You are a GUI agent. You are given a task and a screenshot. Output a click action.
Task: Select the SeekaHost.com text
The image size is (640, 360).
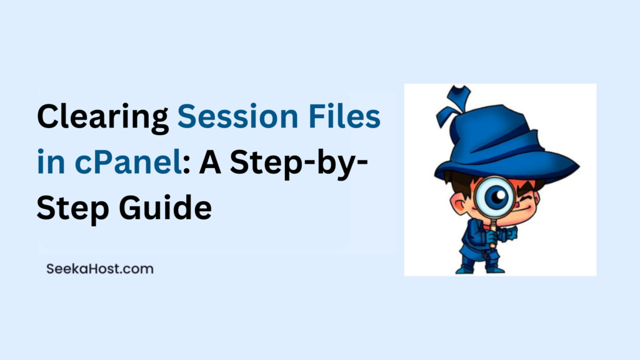99,269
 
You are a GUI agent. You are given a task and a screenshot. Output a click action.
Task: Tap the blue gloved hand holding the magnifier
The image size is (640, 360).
491,236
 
